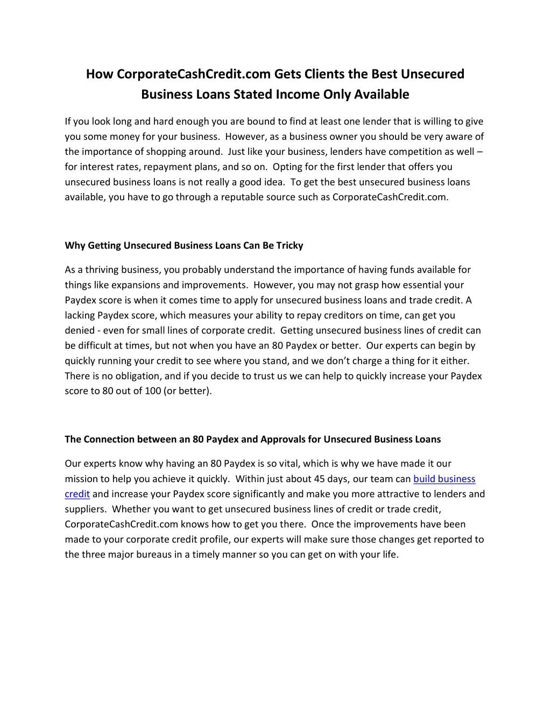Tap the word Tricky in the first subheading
(290, 245)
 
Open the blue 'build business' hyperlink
(444, 479)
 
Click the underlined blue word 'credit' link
(77, 494)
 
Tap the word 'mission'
(81, 479)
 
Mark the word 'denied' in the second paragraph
(80, 330)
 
